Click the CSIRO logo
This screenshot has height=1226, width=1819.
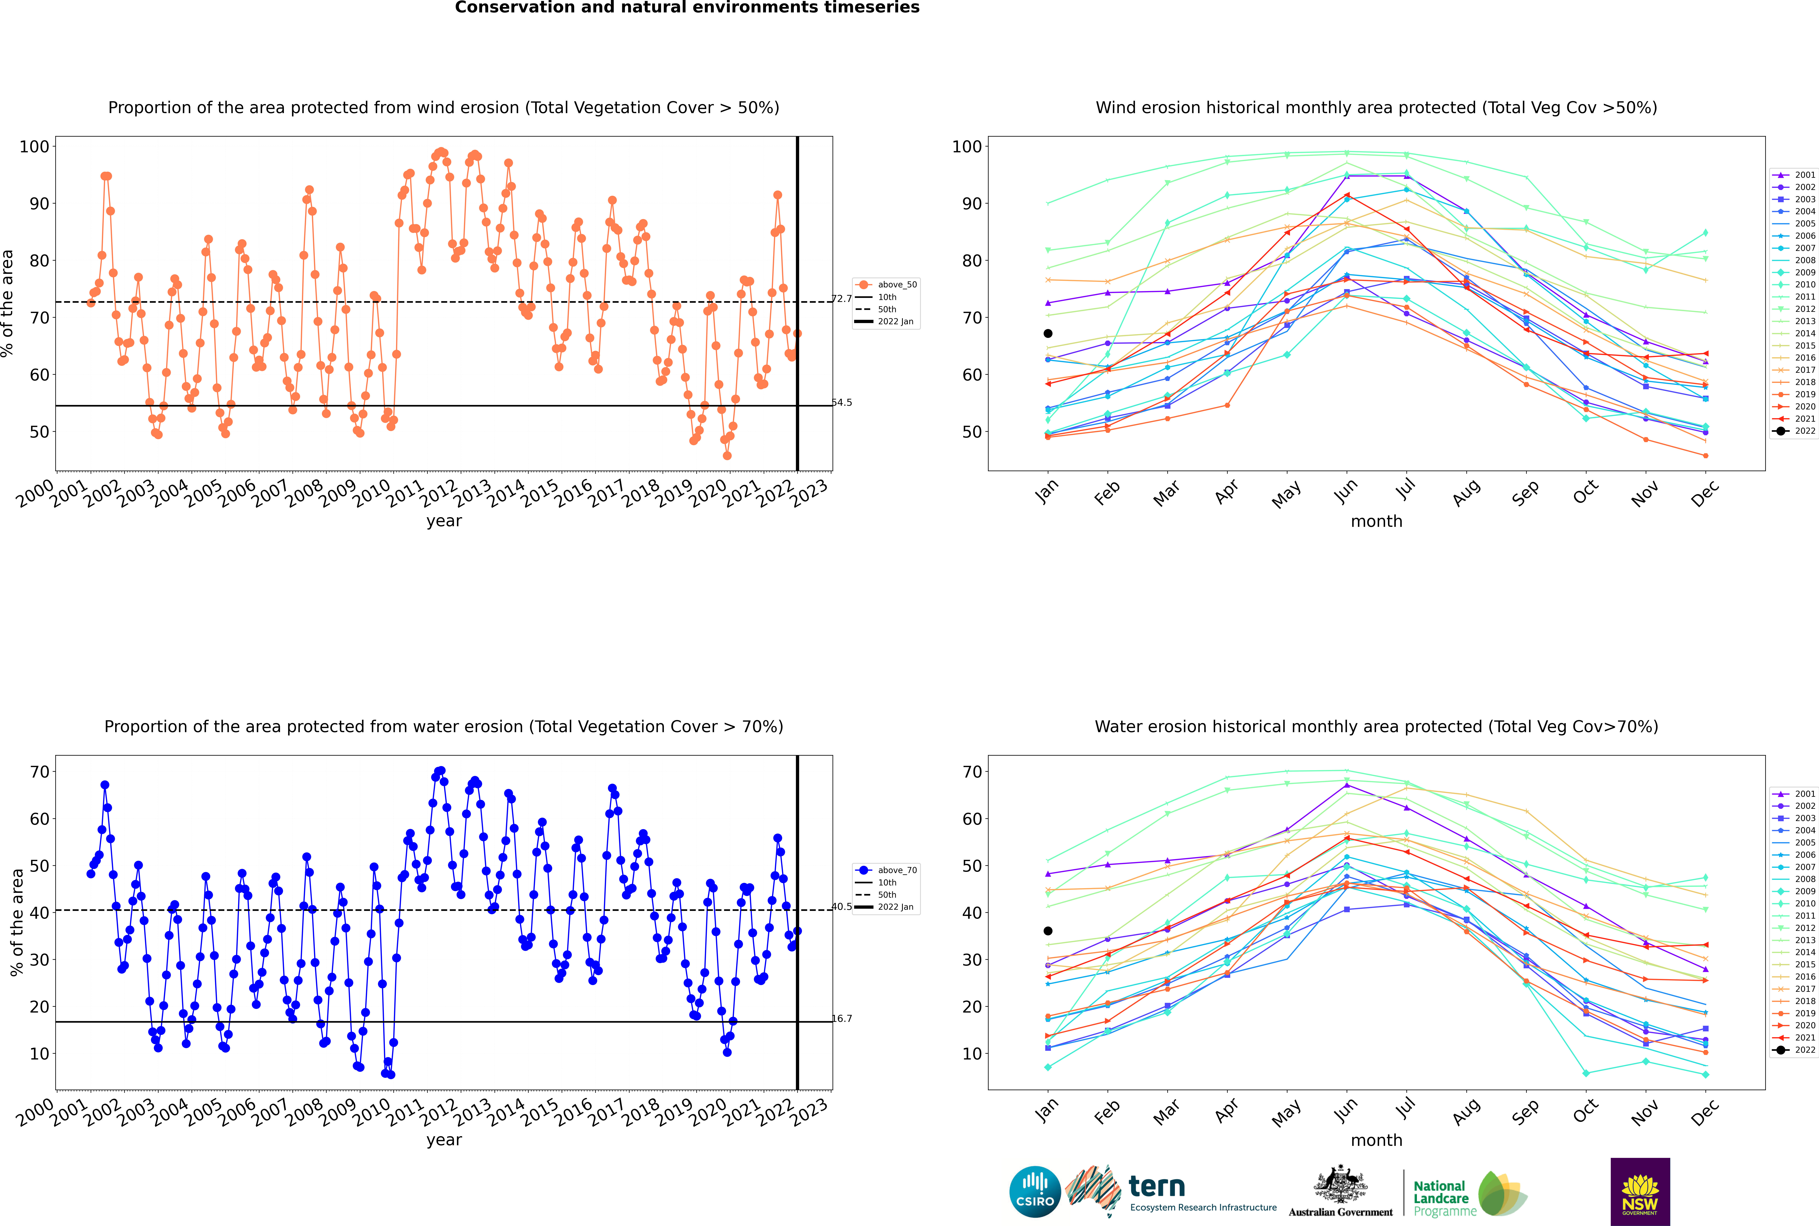pos(1035,1192)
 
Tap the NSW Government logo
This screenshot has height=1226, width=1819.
pos(1640,1192)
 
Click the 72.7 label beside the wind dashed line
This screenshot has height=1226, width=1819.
pos(841,299)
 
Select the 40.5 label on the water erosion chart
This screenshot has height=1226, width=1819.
pos(841,907)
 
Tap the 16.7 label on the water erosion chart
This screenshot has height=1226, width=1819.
pos(841,1019)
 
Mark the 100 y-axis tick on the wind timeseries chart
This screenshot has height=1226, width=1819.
pos(34,146)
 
